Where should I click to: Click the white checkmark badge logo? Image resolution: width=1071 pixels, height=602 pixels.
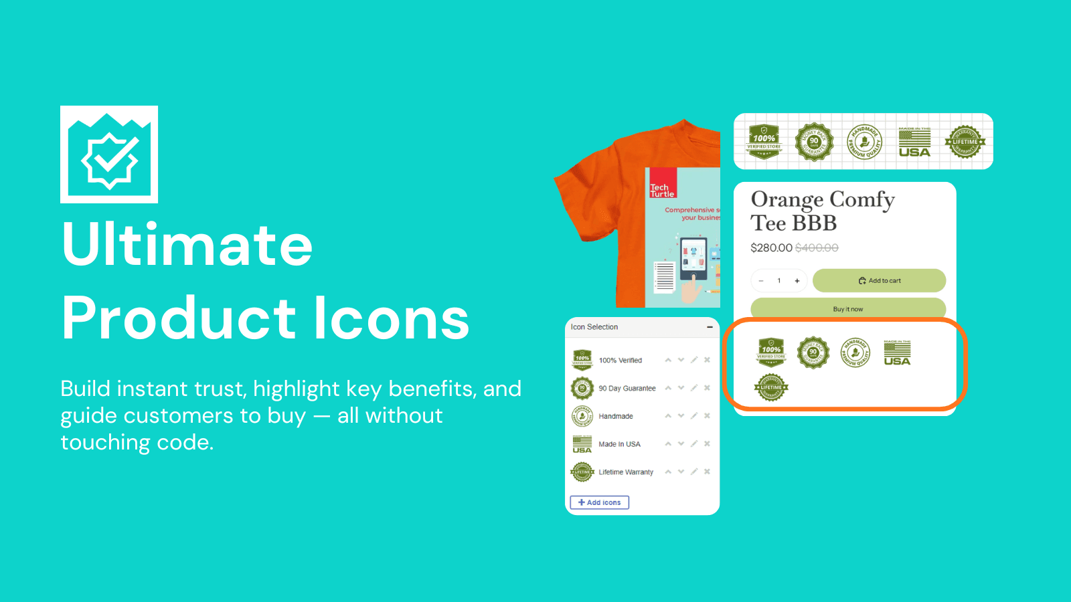click(x=109, y=155)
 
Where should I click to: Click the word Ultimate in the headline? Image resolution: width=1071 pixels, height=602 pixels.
click(x=187, y=245)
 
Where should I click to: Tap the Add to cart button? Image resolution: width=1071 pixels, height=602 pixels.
click(x=879, y=281)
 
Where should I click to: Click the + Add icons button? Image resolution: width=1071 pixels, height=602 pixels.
click(x=599, y=502)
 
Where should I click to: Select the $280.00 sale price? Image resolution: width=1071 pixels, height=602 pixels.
click(x=771, y=247)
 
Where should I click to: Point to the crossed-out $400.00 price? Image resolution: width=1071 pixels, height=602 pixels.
click(x=817, y=247)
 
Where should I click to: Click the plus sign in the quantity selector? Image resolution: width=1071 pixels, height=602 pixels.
click(x=797, y=281)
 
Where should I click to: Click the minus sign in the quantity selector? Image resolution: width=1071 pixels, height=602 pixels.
click(x=761, y=281)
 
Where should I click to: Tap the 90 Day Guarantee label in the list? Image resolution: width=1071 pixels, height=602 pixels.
click(x=627, y=388)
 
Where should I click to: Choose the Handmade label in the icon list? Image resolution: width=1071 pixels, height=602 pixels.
click(x=616, y=416)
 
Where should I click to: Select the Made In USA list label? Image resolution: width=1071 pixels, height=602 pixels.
click(x=619, y=444)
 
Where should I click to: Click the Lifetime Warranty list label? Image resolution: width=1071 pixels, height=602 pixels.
click(x=626, y=472)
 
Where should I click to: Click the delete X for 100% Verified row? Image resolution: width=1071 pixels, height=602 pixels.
click(x=707, y=360)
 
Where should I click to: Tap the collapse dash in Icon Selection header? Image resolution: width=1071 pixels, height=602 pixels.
click(x=710, y=327)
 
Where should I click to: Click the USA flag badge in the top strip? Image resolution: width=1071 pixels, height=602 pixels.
click(x=914, y=142)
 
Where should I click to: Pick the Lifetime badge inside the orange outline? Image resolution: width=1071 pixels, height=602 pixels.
click(x=771, y=387)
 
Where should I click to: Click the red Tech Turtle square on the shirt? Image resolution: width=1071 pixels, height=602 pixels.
click(x=663, y=183)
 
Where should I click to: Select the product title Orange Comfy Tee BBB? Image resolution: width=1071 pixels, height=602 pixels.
click(x=822, y=211)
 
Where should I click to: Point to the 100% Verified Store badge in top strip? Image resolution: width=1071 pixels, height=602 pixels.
click(x=764, y=142)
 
